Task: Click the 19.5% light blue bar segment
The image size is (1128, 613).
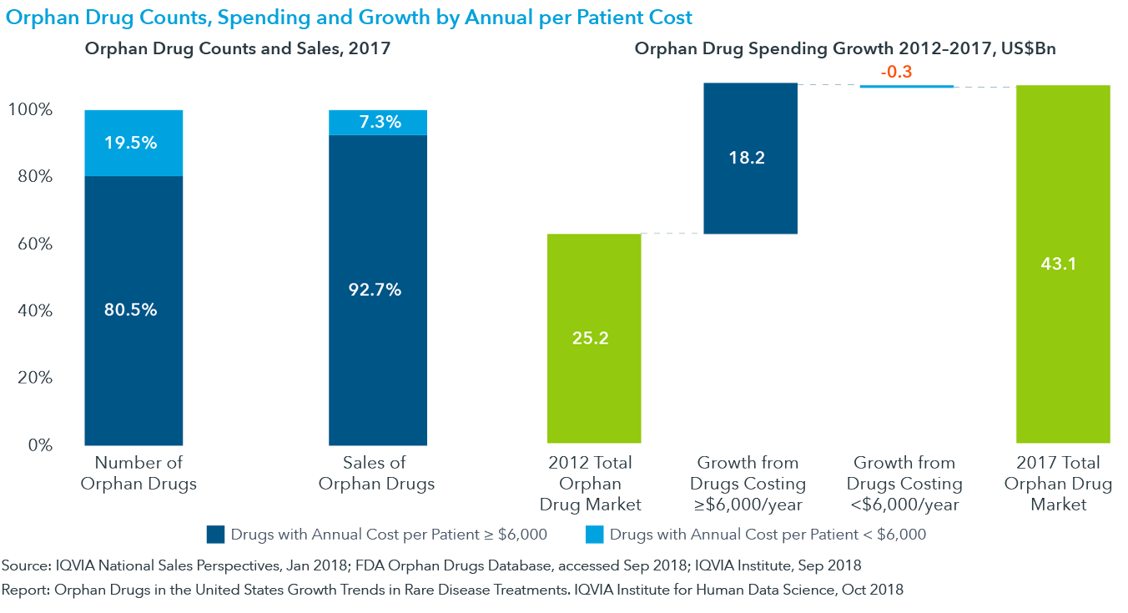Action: (133, 143)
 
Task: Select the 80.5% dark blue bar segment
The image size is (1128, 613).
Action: (133, 309)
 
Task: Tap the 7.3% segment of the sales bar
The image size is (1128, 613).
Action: (377, 122)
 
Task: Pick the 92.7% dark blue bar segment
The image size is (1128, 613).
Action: (377, 289)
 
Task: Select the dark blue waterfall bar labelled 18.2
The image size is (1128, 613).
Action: (750, 158)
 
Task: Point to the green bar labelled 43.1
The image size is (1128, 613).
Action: (1063, 264)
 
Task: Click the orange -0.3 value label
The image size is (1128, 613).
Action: (896, 73)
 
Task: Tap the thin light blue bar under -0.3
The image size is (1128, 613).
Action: (906, 86)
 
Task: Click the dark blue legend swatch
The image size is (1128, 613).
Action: (215, 534)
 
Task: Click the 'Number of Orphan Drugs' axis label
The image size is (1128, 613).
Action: (138, 473)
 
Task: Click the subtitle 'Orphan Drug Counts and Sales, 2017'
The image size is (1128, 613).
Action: (238, 48)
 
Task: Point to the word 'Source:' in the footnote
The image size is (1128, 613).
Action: (26, 565)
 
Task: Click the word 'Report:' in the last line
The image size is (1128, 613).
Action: (26, 590)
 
